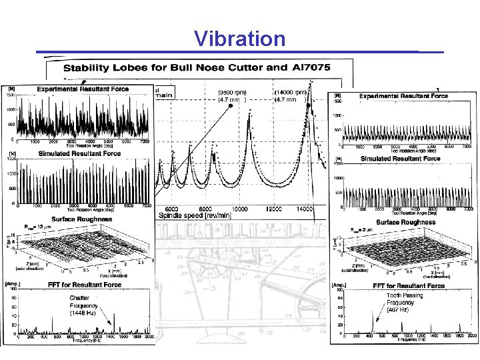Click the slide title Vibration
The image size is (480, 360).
(x=240, y=39)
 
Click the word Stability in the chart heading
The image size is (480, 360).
(x=89, y=69)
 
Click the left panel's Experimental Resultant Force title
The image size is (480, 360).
(x=83, y=89)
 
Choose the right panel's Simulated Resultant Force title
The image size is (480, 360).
(x=400, y=159)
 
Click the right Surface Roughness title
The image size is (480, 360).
(x=405, y=222)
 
